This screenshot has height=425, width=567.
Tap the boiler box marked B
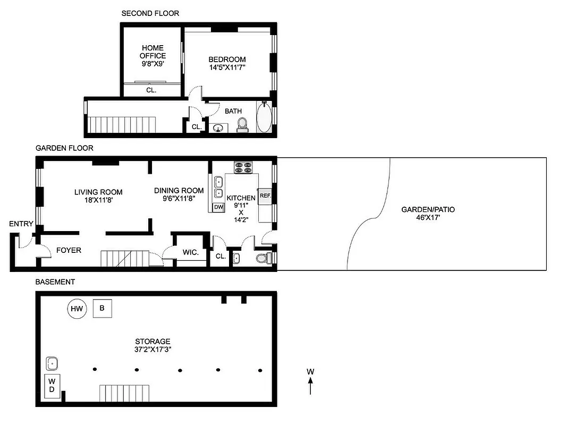(102, 308)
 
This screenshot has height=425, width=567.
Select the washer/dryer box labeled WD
(52, 385)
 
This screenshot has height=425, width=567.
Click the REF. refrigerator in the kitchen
(265, 195)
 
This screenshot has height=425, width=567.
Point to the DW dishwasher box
(218, 207)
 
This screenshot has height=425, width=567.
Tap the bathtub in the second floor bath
(264, 117)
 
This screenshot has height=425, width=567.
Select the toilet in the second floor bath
(242, 125)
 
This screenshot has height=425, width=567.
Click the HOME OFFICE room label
(153, 52)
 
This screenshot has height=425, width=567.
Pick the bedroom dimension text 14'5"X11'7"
(227, 67)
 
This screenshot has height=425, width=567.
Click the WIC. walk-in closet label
(191, 252)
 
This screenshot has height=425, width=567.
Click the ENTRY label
(21, 224)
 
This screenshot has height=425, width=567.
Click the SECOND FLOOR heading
(150, 13)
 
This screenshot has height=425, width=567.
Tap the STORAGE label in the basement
(153, 341)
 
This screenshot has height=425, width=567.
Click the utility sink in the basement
(52, 363)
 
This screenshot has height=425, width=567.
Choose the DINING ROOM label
(179, 191)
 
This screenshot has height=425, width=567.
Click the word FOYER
(69, 250)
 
